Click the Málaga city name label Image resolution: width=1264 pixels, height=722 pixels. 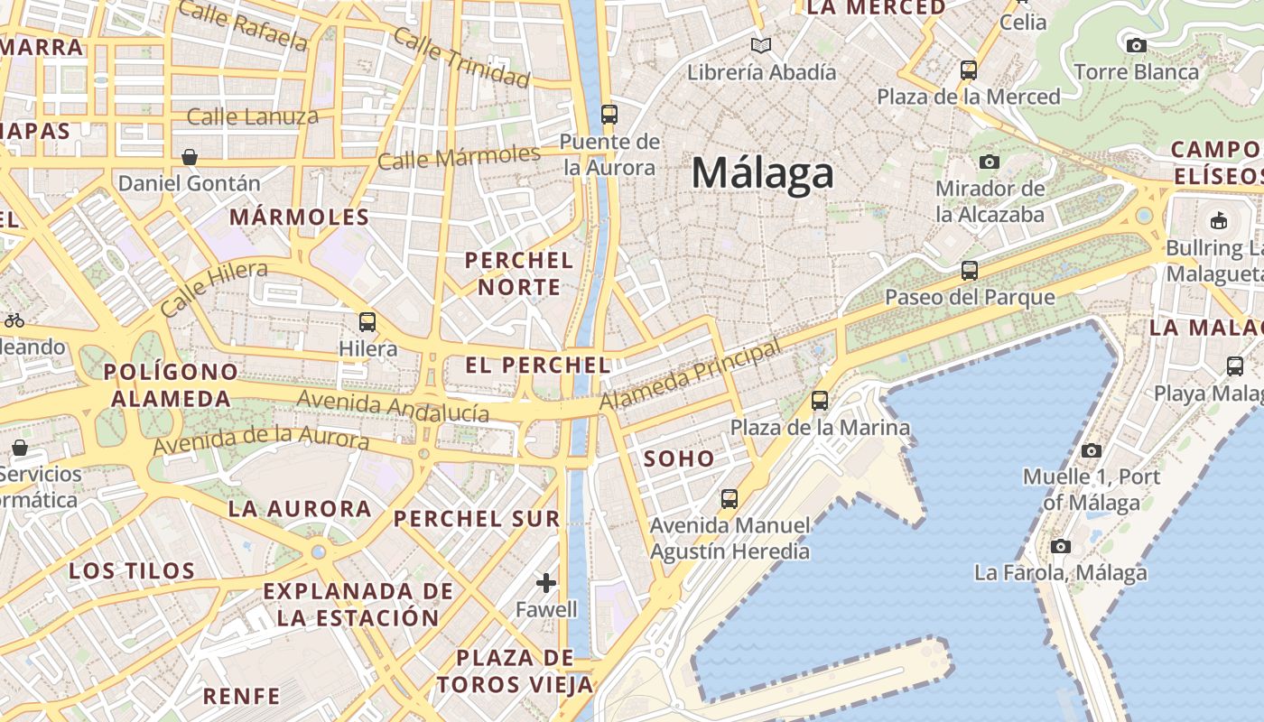(x=762, y=173)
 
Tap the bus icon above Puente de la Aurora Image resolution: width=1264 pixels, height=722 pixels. (x=609, y=115)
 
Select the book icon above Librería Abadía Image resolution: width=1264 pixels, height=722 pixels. (x=762, y=45)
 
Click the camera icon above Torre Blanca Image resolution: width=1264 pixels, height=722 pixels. (x=1137, y=45)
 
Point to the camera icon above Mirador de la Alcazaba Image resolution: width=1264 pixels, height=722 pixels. (x=990, y=162)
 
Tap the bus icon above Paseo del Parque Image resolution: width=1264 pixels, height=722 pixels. (x=970, y=270)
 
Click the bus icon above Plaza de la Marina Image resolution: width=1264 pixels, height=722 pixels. (x=820, y=401)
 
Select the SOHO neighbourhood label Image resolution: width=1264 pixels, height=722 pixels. (x=679, y=458)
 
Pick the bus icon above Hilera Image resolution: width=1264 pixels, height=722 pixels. (x=367, y=322)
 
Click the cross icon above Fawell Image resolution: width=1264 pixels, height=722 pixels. (x=546, y=583)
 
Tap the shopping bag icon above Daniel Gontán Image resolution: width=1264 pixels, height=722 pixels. (x=190, y=157)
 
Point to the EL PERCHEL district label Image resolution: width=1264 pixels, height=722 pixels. (x=537, y=366)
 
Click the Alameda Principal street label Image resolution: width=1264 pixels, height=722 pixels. (x=691, y=375)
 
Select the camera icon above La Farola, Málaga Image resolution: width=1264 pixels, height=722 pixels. (x=1061, y=546)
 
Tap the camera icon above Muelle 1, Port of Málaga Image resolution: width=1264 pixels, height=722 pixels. (x=1092, y=450)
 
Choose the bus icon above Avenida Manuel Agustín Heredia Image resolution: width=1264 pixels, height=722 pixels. (x=730, y=498)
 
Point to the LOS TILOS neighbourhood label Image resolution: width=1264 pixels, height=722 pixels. (x=132, y=571)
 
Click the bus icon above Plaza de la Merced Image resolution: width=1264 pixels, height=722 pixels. (x=969, y=69)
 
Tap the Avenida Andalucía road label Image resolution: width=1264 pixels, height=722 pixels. (x=393, y=406)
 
